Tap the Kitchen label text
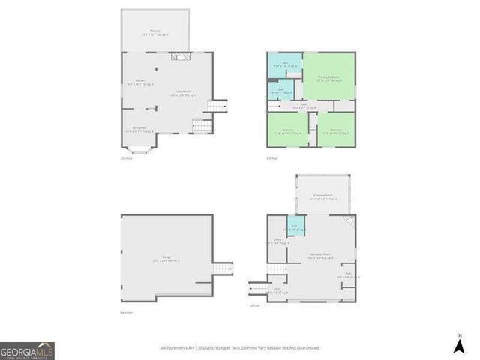(139, 82)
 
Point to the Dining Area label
(139, 129)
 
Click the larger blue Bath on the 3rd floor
(284, 65)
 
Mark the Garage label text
(166, 259)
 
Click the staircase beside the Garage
(223, 268)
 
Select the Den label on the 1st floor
(346, 275)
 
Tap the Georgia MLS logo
(27, 351)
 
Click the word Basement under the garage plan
(127, 313)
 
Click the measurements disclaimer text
(240, 348)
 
